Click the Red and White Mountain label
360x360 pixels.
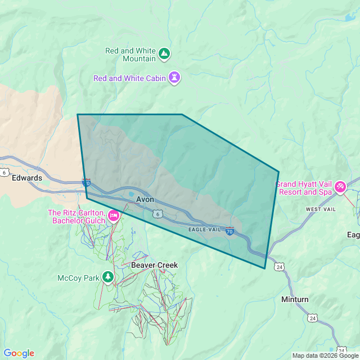(x=130, y=55)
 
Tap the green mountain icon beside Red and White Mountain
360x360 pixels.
(x=164, y=54)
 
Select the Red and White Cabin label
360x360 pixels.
(x=129, y=78)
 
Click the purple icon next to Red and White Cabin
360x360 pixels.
(x=175, y=78)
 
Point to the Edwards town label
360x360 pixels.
(x=27, y=178)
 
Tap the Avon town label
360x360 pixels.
(x=145, y=199)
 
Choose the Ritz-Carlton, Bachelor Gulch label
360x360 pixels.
(x=77, y=217)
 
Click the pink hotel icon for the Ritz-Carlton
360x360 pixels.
(x=113, y=216)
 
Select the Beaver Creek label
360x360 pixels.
(x=154, y=265)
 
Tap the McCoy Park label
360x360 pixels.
(x=78, y=278)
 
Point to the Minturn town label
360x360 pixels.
(x=295, y=299)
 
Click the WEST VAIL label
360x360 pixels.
(x=321, y=209)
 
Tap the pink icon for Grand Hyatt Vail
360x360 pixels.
(x=340, y=187)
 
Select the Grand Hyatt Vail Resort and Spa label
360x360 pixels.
(x=304, y=188)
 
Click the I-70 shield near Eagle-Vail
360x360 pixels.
(x=229, y=231)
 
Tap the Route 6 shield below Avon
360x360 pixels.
(x=158, y=213)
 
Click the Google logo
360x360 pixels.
(x=19, y=353)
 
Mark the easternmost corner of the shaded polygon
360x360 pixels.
(x=278, y=172)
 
